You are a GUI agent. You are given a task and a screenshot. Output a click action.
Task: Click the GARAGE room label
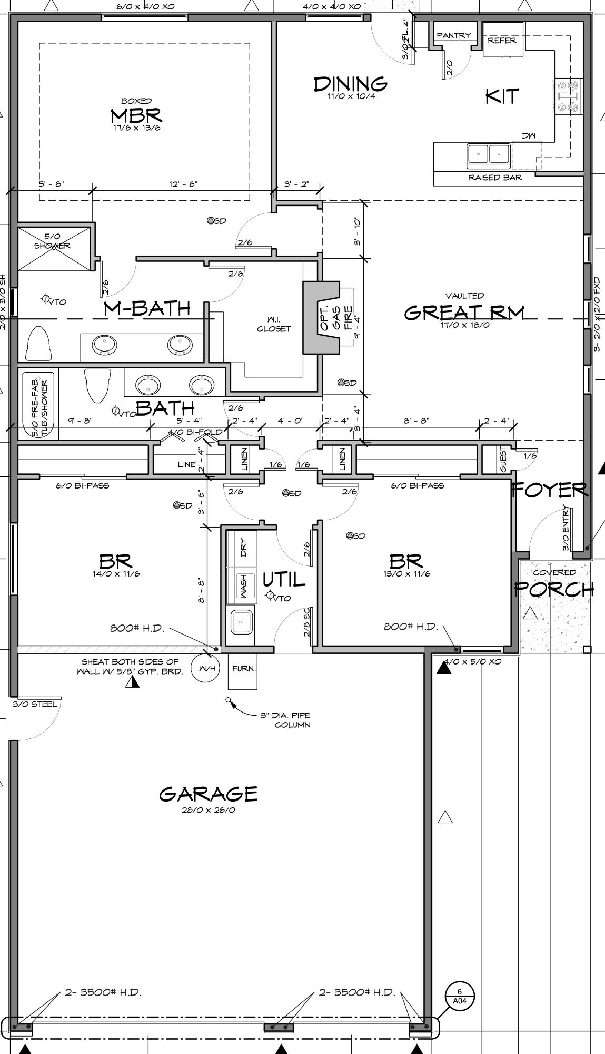pos(209,794)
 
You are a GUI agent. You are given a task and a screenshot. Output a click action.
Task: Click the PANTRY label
pos(453,35)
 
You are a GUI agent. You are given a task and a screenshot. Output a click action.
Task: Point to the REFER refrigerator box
pos(502,40)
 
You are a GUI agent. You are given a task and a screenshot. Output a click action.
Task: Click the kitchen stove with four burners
pos(567,96)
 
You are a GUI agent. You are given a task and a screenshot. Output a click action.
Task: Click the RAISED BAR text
pos(495,178)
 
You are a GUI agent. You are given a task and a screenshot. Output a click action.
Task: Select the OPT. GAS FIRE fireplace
pos(322,317)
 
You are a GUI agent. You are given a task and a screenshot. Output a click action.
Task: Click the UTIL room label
pos(284,580)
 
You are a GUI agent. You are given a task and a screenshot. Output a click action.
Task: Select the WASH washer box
pos(242,585)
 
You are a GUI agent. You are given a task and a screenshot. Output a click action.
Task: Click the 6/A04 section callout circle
pos(460,995)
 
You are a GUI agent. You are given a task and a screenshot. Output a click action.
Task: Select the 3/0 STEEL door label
pos(35,704)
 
